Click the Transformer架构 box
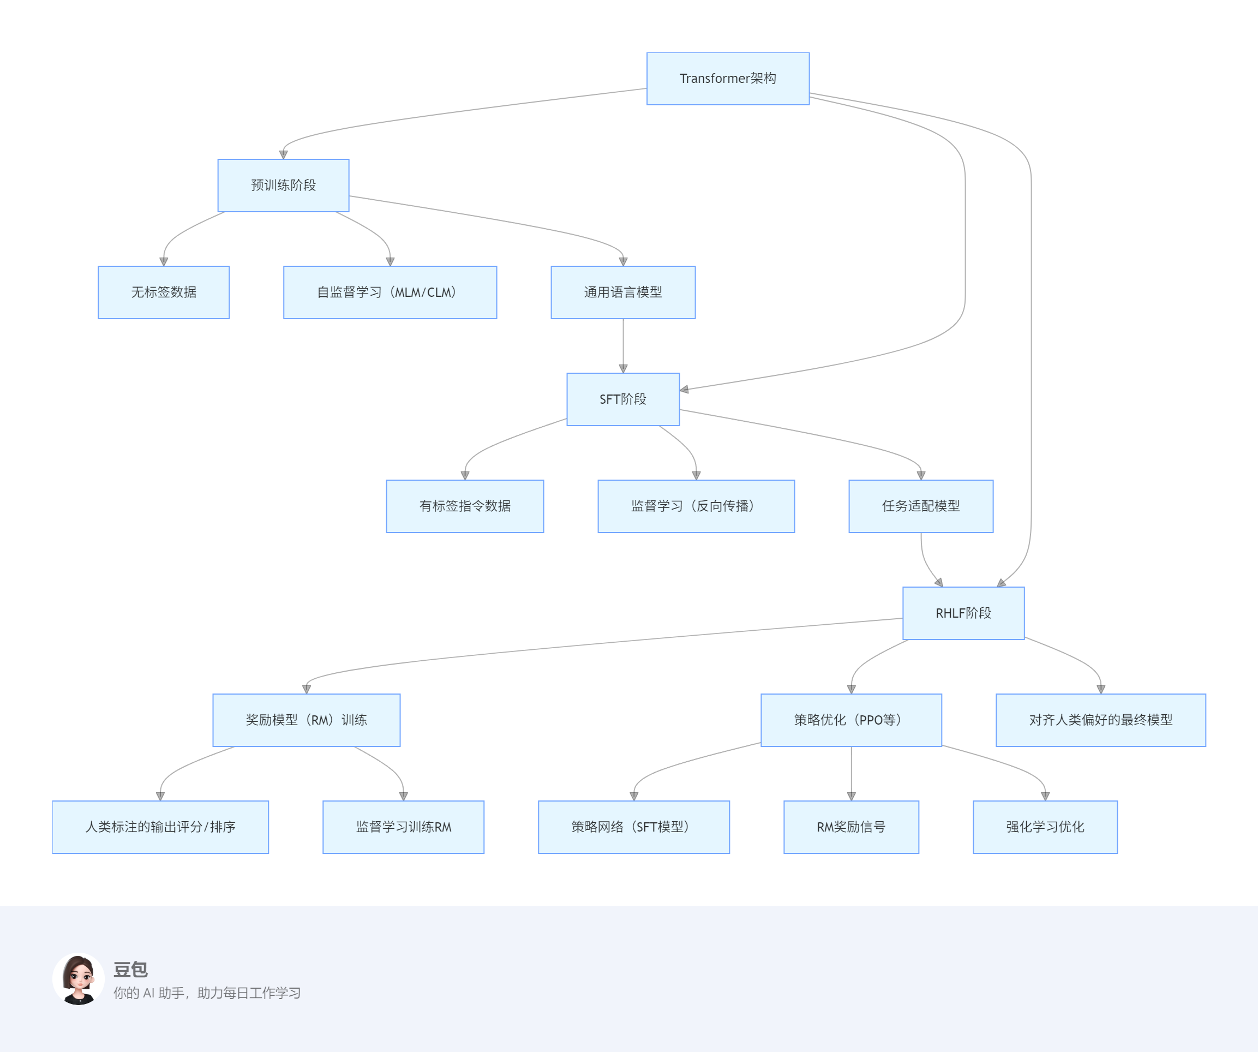[728, 79]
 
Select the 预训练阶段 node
[283, 185]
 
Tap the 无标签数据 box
[164, 292]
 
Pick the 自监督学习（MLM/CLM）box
[390, 292]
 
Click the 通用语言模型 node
[623, 292]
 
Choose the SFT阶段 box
[623, 399]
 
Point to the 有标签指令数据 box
[465, 506]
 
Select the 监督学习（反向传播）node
[696, 506]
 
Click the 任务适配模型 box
[921, 506]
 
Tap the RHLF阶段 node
[963, 613]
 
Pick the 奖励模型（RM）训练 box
[306, 720]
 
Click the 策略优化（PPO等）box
[851, 720]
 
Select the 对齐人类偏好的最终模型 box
[1100, 720]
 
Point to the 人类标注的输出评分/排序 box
[160, 827]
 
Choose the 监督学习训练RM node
[403, 827]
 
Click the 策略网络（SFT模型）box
[634, 827]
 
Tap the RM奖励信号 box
[851, 827]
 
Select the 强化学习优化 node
[1045, 827]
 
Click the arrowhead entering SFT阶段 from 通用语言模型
[623, 368]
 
